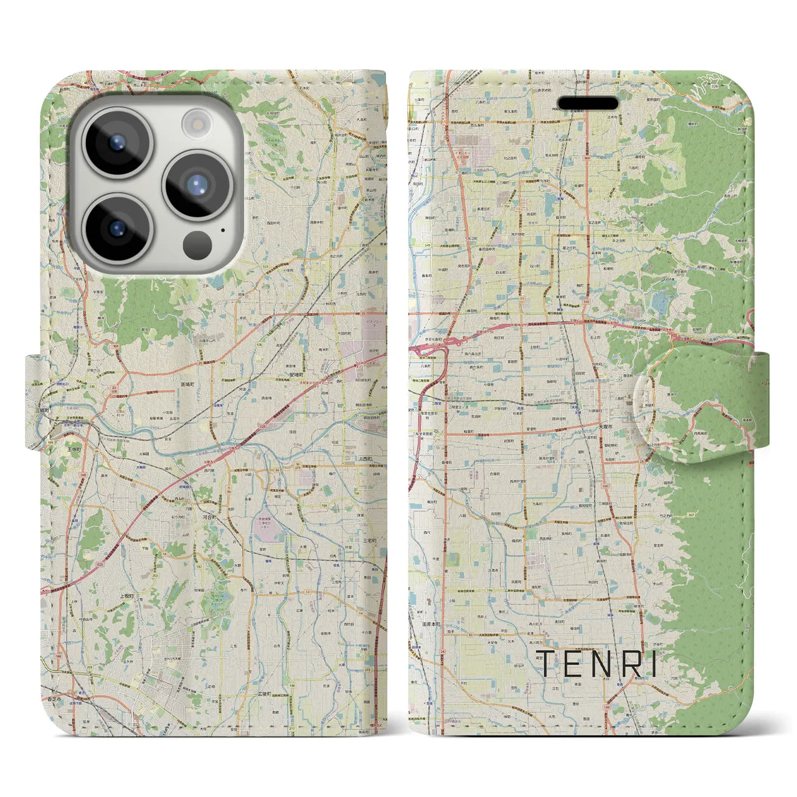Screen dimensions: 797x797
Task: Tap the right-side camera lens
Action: [x=197, y=185]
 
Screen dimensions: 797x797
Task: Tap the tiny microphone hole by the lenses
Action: [x=222, y=230]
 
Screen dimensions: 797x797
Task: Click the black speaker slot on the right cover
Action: [x=588, y=103]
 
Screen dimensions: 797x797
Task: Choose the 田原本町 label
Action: [x=430, y=624]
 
